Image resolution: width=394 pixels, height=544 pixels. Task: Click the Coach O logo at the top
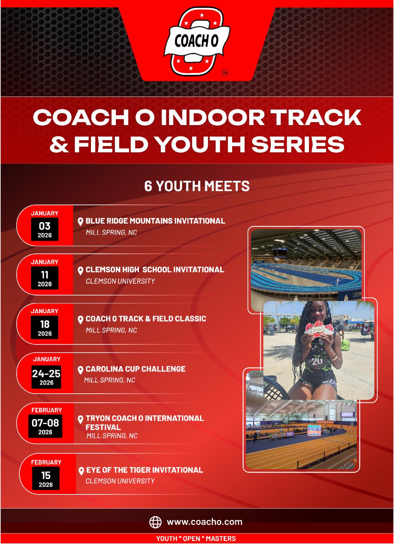197,41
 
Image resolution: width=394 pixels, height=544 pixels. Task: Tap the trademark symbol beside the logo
225,73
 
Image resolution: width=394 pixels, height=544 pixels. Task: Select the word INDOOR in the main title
212,117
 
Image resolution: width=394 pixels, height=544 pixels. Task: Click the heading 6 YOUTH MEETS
197,186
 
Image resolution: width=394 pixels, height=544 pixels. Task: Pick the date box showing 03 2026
45,229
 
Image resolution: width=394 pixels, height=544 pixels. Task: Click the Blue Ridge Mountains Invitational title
155,221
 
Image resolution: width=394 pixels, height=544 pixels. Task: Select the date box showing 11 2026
45,278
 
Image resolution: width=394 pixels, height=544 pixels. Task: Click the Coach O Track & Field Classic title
146,319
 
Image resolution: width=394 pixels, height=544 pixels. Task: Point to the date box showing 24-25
46,377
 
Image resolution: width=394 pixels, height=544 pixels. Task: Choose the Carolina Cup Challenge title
136,369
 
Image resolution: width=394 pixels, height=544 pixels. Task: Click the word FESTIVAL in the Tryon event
103,427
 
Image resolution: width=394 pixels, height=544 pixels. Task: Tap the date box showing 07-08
45,426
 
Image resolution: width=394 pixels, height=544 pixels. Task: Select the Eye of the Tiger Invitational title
145,470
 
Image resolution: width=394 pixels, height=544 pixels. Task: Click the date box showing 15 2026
46,478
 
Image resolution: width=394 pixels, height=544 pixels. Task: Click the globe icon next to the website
155,522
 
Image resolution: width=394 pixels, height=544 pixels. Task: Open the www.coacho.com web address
205,522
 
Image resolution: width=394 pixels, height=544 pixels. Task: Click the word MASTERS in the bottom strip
221,538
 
